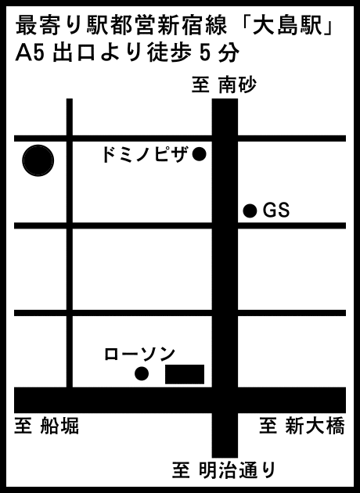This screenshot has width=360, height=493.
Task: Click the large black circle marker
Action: [38, 160]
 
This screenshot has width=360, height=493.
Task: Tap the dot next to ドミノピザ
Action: [199, 154]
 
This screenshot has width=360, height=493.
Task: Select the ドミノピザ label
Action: [145, 154]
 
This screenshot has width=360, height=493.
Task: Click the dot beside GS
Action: [250, 211]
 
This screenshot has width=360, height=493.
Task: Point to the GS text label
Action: [276, 210]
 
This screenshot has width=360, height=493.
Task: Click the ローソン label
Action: [139, 354]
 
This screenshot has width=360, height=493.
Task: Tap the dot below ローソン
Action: [142, 373]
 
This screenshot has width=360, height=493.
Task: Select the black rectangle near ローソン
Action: [185, 374]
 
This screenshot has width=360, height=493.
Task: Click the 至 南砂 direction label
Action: [224, 85]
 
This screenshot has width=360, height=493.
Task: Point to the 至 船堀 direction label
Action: [46, 426]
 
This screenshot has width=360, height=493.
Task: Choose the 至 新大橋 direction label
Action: [302, 426]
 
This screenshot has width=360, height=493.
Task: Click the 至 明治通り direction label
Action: [224, 470]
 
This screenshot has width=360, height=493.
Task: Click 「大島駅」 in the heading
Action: [288, 26]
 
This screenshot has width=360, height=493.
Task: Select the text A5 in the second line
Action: [29, 52]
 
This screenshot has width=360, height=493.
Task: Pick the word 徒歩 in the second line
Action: [170, 52]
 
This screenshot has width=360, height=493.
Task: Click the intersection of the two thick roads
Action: [225, 400]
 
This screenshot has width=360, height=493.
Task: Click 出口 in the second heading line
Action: [74, 52]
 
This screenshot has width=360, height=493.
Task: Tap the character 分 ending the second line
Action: [229, 52]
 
